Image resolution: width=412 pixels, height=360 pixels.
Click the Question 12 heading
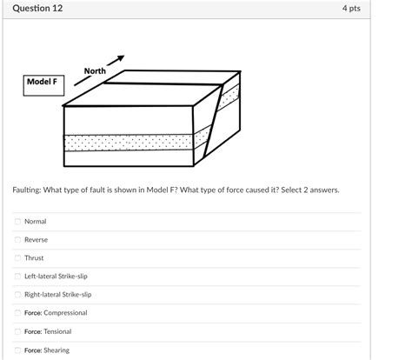[37, 9]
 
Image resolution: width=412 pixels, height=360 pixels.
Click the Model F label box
[43, 82]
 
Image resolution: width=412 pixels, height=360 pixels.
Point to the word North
[95, 70]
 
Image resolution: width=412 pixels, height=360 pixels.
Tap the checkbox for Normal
[17, 222]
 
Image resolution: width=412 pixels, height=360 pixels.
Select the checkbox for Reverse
[17, 240]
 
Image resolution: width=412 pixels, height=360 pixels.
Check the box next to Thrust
[17, 258]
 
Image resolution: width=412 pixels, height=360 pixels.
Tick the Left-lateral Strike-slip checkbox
[17, 277]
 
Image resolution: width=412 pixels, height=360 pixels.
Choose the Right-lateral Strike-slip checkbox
[17, 295]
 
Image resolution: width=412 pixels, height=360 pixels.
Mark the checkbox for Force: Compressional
[17, 313]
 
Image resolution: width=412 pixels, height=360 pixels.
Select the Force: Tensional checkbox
[17, 331]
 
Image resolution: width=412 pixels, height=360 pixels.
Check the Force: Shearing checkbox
[17, 350]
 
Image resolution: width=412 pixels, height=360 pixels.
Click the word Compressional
[66, 313]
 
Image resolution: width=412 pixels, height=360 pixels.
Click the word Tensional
[57, 331]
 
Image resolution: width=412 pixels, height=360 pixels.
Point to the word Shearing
[56, 350]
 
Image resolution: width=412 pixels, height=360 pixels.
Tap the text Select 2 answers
[312, 189]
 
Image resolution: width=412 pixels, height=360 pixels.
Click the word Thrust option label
[34, 258]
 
